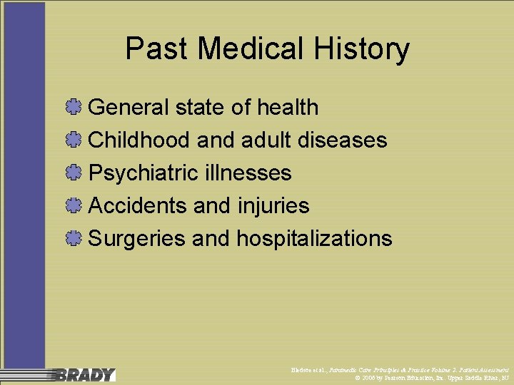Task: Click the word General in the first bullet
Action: click(128, 108)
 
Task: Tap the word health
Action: click(288, 108)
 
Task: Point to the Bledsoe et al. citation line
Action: click(395, 370)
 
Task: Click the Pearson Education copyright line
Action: click(431, 378)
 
